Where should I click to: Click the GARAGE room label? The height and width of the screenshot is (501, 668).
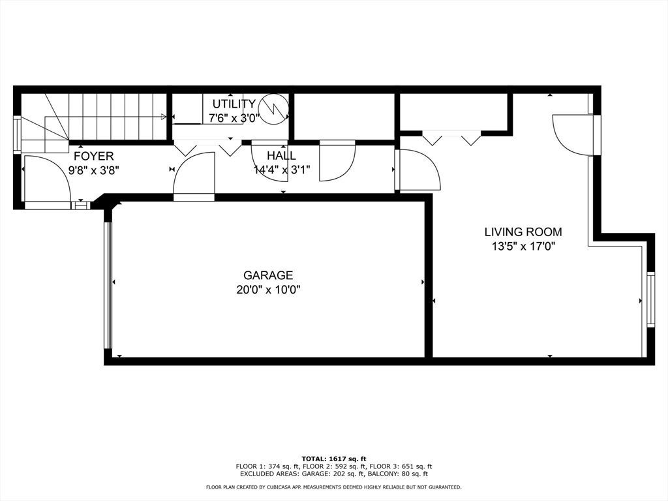coord(268,275)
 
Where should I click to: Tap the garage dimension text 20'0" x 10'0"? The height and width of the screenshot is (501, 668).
coord(268,290)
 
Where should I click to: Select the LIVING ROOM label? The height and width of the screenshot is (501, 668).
coord(523,232)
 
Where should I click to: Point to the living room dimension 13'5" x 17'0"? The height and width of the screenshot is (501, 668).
coord(523,246)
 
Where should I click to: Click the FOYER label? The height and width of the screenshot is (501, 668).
coord(93,156)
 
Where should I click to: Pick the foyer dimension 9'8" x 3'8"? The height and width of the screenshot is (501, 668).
coord(93,170)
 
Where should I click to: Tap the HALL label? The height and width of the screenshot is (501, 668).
coord(281,156)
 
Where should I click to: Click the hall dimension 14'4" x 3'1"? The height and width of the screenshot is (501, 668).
coord(281,170)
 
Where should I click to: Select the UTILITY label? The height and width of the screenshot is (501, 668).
coord(234,104)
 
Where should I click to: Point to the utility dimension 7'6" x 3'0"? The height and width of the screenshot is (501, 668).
coord(234,118)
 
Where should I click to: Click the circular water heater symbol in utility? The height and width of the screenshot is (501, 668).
coord(272,108)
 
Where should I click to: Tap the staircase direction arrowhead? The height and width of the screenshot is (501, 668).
coord(162,117)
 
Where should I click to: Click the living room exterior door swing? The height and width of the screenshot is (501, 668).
coord(572,135)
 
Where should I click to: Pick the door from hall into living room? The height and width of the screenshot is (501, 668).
coord(417,170)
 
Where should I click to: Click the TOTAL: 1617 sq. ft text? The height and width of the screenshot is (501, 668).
coord(333,459)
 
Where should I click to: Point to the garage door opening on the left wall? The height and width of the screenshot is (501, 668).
coord(108,286)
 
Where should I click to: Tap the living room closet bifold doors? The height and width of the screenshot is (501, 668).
coord(451,138)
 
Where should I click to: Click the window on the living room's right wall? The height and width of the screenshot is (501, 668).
coord(650,299)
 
